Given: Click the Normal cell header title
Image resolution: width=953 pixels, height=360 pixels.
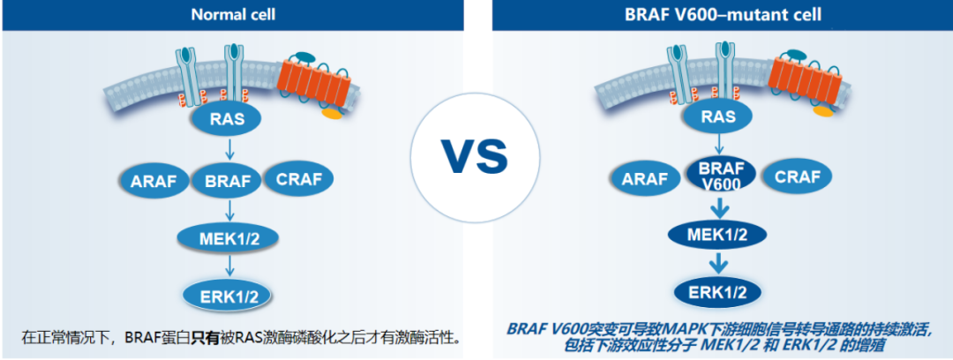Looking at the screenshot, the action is pos(233,15).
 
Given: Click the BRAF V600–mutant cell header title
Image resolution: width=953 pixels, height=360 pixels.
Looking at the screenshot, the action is pos(723,15).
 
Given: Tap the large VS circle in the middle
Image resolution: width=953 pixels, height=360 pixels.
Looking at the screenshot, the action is pos(475,156).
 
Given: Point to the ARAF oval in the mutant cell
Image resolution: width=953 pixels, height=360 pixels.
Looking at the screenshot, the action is pos(648,178).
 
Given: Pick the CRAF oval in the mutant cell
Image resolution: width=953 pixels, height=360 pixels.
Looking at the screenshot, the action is pos(795,177).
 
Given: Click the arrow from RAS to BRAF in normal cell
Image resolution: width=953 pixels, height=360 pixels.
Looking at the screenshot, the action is pos(231,150).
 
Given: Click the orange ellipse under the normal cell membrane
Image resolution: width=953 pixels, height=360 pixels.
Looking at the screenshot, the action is pos(333,113).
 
